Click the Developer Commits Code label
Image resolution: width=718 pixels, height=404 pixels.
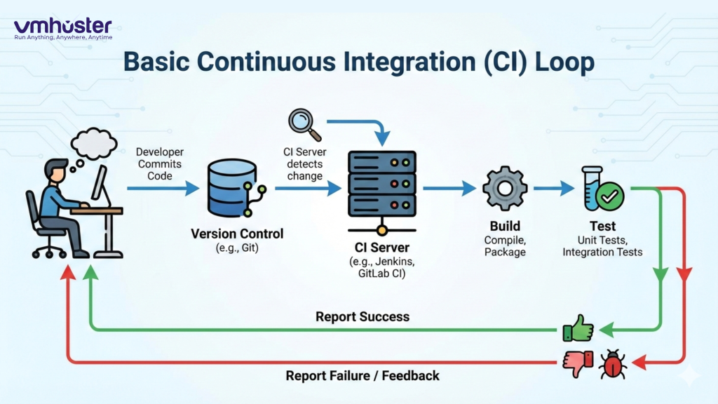click(159, 163)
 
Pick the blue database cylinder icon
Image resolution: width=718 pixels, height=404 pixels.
click(228, 187)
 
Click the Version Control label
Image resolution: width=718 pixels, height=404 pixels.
click(237, 234)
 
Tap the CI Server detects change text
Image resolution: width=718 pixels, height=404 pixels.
click(304, 164)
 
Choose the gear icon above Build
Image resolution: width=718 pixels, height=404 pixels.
click(504, 188)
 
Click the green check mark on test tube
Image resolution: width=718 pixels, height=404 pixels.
click(610, 196)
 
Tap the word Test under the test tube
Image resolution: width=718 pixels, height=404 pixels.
click(602, 226)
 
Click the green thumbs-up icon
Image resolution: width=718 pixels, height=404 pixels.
click(578, 328)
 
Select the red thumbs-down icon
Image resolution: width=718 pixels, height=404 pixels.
click(578, 362)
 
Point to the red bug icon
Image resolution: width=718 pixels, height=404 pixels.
click(612, 363)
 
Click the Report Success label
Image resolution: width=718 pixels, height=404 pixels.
click(362, 316)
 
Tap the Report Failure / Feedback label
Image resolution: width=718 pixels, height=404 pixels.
click(362, 376)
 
